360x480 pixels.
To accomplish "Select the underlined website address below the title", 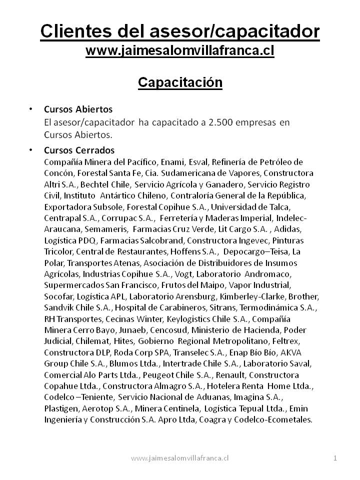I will (180, 50).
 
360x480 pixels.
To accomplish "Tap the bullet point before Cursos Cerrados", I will (31, 150).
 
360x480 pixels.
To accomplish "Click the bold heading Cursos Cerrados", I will (79, 150).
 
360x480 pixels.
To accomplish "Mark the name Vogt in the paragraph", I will (183, 274).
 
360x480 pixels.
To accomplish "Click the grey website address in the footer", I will (179, 457).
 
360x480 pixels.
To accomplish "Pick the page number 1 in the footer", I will (335, 457).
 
